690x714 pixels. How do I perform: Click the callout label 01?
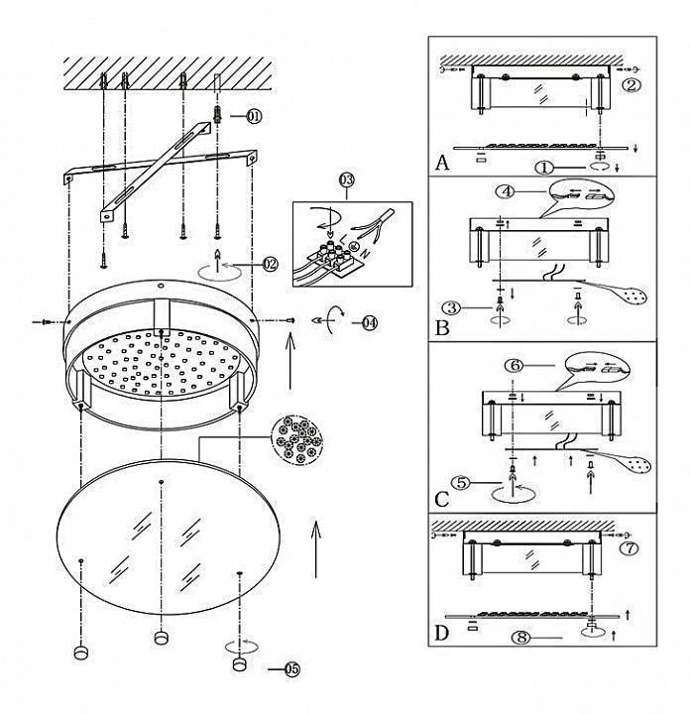(254, 117)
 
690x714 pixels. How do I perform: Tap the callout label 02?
(270, 264)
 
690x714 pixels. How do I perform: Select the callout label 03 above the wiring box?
(346, 180)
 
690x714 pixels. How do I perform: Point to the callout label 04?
(370, 323)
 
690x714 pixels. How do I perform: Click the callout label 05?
(292, 669)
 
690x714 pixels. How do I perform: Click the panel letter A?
(441, 162)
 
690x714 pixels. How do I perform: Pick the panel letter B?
(442, 327)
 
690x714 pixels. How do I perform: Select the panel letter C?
(442, 499)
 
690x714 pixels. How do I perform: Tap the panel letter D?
(442, 633)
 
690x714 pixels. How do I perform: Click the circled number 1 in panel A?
(544, 168)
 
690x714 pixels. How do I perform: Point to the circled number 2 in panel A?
(632, 85)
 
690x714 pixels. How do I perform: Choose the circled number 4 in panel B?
(507, 191)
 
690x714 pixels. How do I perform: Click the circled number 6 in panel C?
(515, 365)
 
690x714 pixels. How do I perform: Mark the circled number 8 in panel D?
(521, 637)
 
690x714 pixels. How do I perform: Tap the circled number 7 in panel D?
(630, 548)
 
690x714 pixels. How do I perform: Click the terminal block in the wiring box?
(334, 259)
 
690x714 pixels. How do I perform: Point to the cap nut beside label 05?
(239, 663)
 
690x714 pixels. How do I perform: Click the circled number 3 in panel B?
(451, 307)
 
